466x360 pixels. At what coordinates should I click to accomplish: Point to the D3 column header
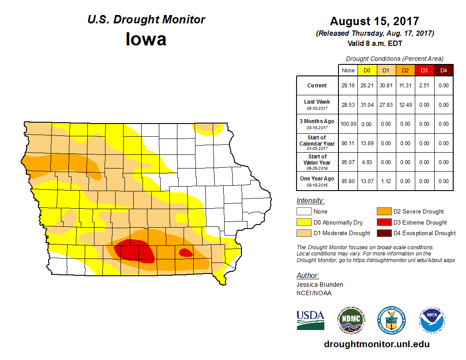[424, 70]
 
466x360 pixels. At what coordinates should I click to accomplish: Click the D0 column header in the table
[366, 70]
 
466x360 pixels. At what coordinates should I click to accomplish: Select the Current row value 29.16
[348, 86]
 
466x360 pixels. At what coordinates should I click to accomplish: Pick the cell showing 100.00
[348, 124]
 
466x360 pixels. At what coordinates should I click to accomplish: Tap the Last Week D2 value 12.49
[405, 105]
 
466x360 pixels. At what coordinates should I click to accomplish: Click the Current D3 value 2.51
[424, 86]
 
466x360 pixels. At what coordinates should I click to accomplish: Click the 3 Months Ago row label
[317, 123]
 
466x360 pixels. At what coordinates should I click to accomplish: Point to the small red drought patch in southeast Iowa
[185, 252]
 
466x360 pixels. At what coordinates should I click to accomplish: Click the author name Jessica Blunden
[320, 285]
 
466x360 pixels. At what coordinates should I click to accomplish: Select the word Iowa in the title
[146, 39]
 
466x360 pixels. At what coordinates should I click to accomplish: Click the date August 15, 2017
[374, 21]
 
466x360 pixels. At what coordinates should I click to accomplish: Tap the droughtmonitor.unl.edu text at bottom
[376, 344]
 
